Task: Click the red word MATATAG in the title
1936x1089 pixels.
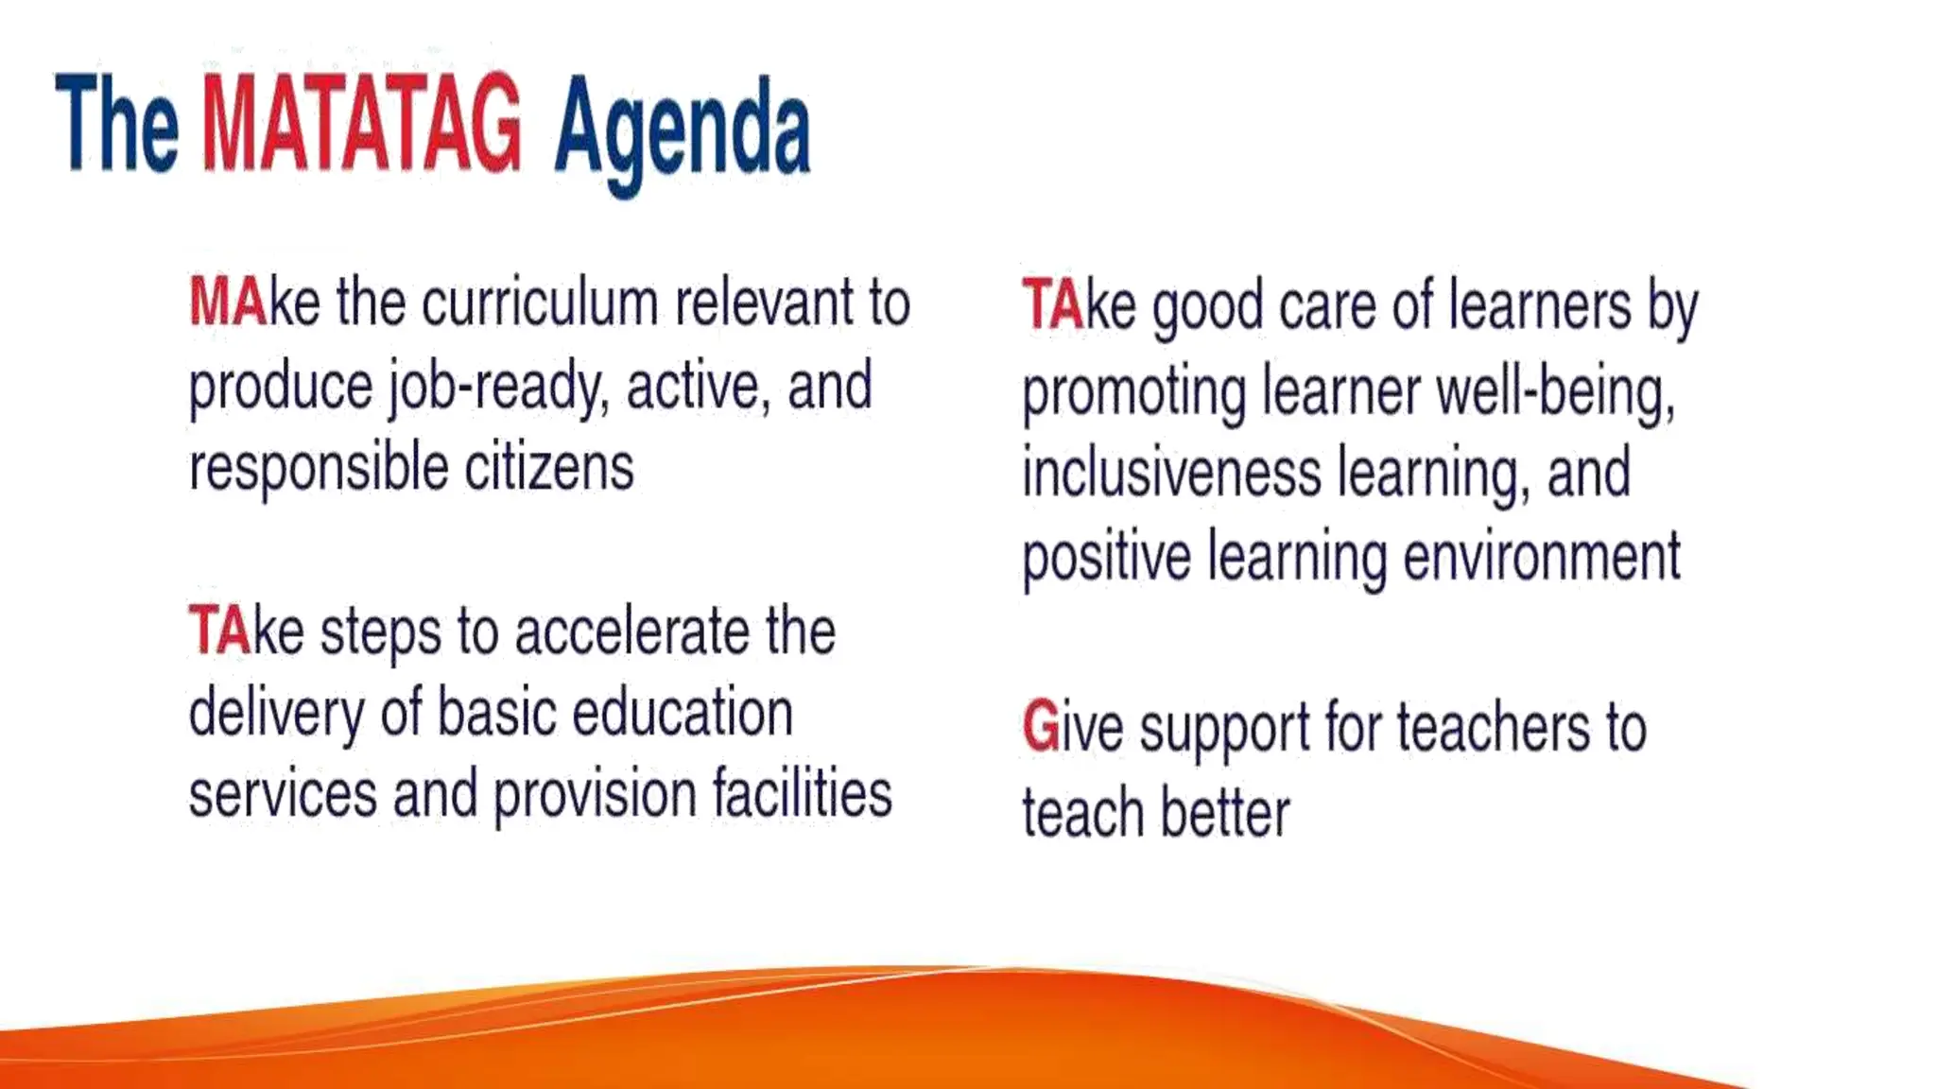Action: click(x=360, y=125)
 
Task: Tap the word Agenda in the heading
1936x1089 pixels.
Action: click(x=682, y=130)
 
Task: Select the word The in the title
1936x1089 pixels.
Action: click(x=117, y=125)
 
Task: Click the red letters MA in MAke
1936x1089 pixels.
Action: click(x=228, y=302)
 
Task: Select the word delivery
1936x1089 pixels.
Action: click(x=276, y=715)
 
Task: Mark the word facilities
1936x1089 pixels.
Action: click(x=803, y=794)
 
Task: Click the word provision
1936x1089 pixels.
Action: click(x=595, y=794)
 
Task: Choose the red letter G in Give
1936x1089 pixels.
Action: click(x=1040, y=729)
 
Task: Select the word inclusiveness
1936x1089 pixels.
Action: click(x=1171, y=474)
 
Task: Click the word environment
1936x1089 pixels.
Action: click(x=1542, y=557)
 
